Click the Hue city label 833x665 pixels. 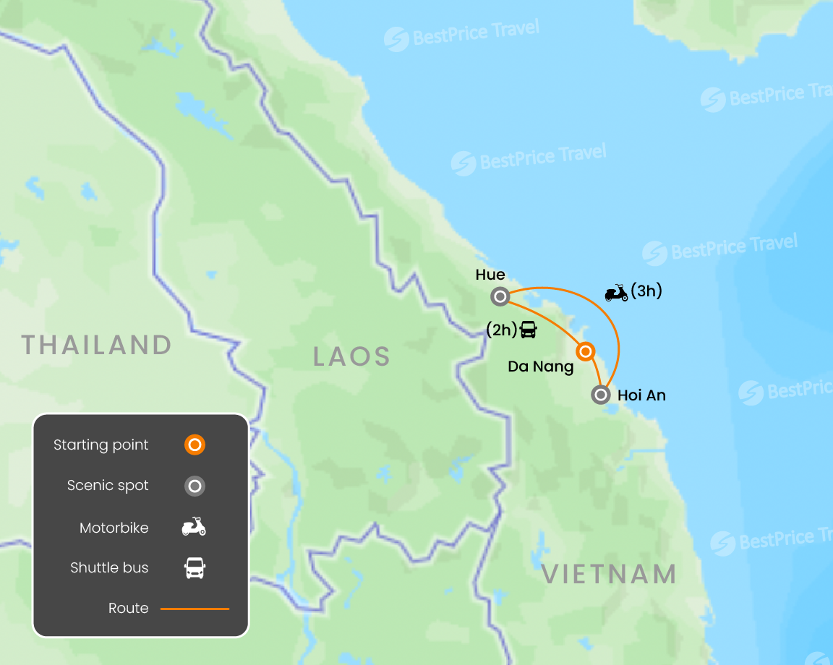[490, 275]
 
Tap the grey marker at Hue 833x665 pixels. [500, 296]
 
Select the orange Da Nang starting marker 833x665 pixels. [586, 352]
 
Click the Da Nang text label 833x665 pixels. [541, 367]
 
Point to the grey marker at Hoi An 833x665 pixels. [600, 395]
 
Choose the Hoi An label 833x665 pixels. [641, 395]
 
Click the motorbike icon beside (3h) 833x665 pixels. [616, 293]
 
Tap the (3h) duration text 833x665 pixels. [646, 291]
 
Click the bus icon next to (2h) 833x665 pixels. [529, 330]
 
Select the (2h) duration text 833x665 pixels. [502, 330]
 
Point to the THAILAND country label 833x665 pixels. [97, 345]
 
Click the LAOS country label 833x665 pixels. [352, 356]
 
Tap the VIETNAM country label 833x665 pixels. [609, 575]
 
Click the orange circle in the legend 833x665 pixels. [195, 445]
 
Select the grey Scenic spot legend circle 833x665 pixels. [195, 486]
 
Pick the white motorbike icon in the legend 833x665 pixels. [194, 527]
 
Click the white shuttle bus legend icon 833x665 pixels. [195, 568]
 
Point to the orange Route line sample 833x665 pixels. [195, 609]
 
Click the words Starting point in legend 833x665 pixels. [101, 445]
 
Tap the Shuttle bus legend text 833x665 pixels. [109, 568]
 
